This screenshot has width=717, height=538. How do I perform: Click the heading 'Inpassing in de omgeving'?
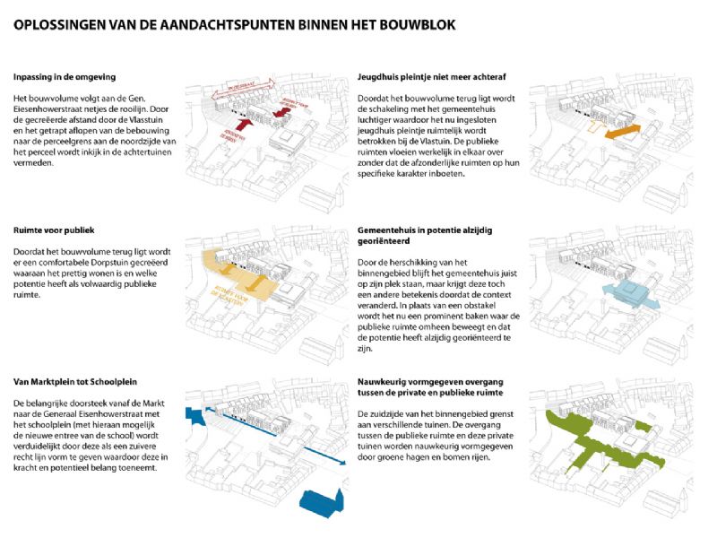(x=64, y=77)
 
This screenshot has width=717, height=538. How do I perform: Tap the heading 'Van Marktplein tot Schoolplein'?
(x=75, y=381)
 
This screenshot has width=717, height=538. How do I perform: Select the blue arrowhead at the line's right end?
(x=342, y=464)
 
